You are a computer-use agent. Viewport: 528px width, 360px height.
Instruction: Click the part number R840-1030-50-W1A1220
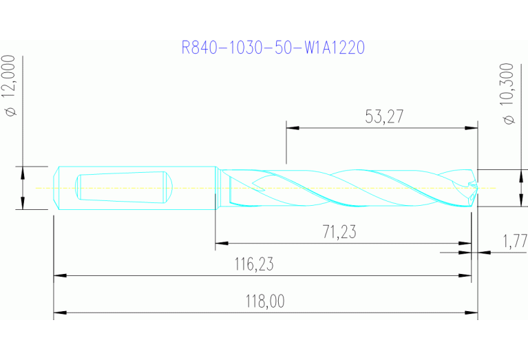(x=273, y=47)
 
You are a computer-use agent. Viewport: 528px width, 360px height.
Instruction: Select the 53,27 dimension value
(x=383, y=117)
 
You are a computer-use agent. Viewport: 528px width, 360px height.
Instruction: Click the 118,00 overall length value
(x=265, y=301)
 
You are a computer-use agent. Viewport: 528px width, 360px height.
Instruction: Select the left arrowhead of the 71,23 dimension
(x=221, y=243)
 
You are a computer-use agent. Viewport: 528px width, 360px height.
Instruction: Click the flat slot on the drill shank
(x=120, y=187)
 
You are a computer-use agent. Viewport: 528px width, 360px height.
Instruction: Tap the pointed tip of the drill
(x=475, y=187)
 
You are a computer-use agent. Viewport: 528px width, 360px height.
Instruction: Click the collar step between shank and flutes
(x=217, y=187)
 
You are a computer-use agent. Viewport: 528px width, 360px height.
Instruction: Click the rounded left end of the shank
(x=58, y=187)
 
